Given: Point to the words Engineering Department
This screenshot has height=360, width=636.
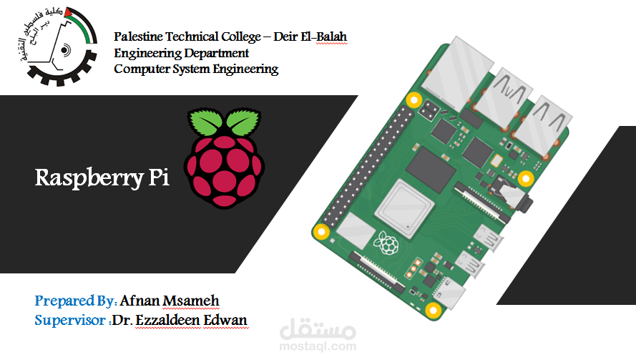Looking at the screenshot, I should tap(182, 53).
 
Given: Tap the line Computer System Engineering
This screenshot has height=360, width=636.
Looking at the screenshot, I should tap(196, 69).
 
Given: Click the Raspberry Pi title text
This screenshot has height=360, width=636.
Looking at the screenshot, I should tap(102, 178).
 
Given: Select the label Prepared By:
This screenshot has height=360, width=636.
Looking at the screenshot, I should tap(76, 300).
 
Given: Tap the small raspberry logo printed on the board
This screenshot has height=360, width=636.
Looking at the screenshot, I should tap(388, 243).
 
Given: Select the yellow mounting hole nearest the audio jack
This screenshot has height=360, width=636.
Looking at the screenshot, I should tap(526, 177).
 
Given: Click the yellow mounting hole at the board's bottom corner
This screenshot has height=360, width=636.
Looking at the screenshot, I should tap(433, 310).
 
